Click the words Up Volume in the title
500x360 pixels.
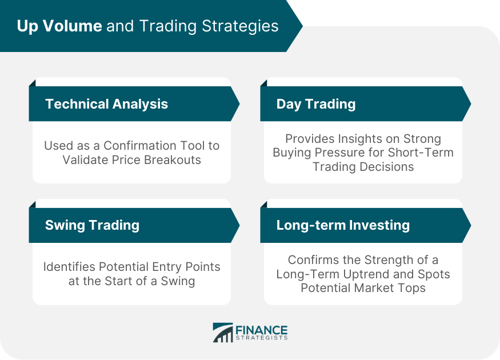click(59, 26)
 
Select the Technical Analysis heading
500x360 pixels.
click(106, 104)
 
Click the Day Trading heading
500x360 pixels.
click(316, 104)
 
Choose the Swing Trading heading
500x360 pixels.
click(92, 225)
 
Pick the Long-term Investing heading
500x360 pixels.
click(343, 225)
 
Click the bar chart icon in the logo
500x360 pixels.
click(223, 333)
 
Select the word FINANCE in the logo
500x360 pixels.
click(262, 330)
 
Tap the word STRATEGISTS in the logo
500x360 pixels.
click(262, 338)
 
